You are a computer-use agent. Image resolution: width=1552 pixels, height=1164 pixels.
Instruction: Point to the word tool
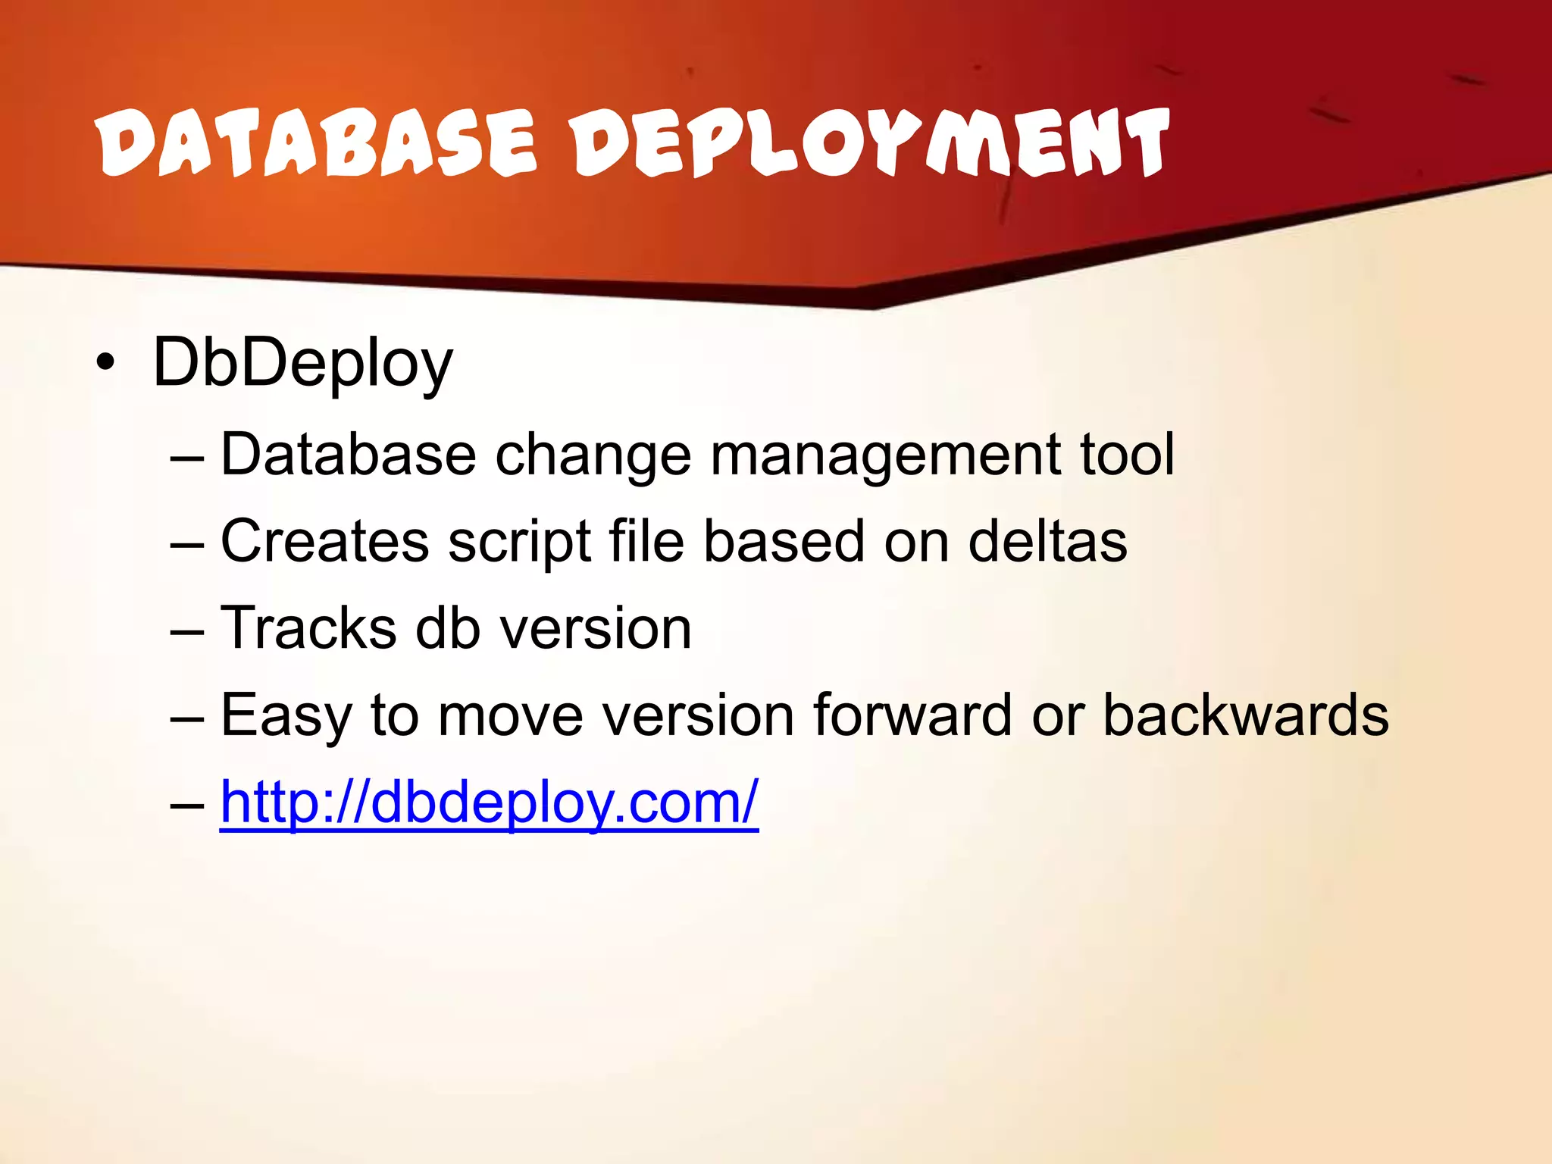pos(1127,455)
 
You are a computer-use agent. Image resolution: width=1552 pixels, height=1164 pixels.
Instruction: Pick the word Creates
pos(324,542)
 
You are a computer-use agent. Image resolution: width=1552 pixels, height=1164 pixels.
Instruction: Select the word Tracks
pos(308,629)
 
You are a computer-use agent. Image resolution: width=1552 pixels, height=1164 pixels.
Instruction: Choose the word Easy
pos(286,717)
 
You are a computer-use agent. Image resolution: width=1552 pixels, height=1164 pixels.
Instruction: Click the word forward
pos(912,715)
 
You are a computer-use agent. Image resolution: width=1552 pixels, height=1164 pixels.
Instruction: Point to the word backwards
pos(1245,715)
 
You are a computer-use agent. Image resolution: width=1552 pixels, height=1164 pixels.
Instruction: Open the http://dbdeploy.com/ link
pos(489,803)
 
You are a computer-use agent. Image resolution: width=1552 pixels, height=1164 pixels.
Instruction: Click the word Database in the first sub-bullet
pos(348,455)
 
